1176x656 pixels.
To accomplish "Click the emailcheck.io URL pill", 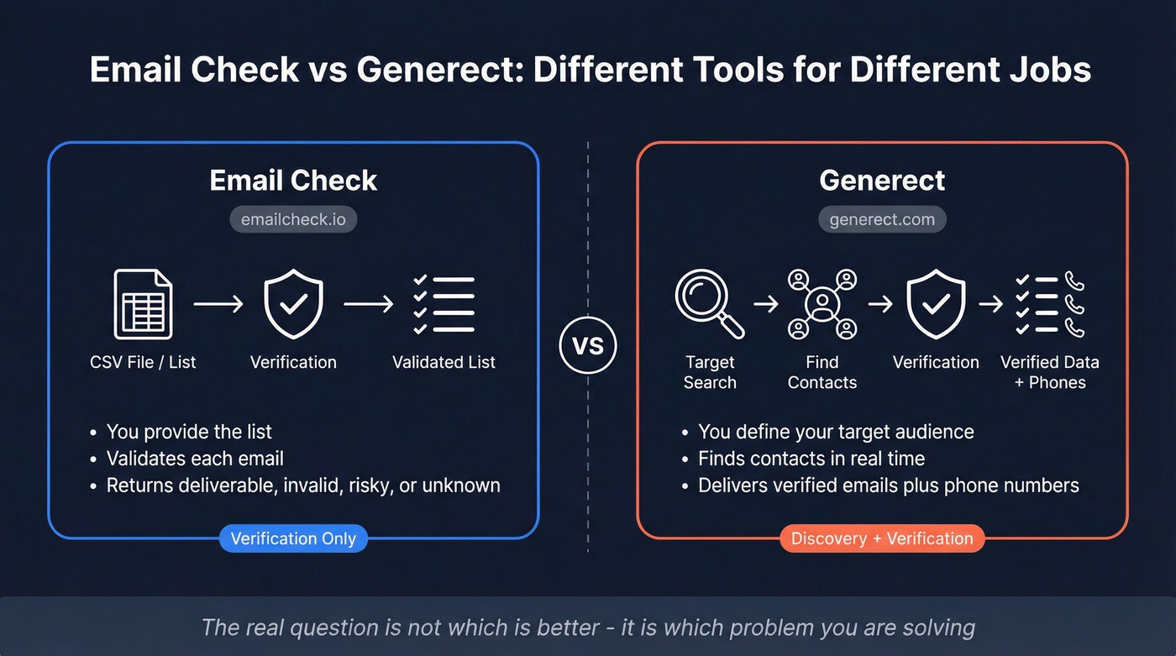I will pos(293,220).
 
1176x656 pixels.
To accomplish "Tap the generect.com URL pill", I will pos(882,220).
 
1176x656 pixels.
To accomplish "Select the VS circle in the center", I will pos(588,345).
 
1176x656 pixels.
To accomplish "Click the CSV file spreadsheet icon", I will pos(143,303).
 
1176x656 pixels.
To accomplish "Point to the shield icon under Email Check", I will pos(293,303).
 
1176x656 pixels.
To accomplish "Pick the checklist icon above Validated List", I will pos(444,304).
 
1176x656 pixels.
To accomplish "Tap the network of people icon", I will pos(822,303).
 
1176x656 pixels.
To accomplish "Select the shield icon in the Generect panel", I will pos(936,303).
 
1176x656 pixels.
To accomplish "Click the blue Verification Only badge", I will pos(293,538).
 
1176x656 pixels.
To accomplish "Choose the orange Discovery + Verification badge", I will pos(882,538).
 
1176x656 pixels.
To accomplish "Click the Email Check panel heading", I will pos(293,180).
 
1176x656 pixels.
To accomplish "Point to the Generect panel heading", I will pos(882,180).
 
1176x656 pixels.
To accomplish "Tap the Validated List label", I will pos(444,362).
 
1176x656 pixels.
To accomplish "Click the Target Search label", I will pos(710,372).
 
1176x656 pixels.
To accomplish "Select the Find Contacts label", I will pos(822,372).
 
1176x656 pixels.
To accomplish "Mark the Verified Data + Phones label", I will pos(1050,372).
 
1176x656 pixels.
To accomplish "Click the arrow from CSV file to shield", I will pos(218,303).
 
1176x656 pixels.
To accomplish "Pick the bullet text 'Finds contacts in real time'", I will pos(811,459).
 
